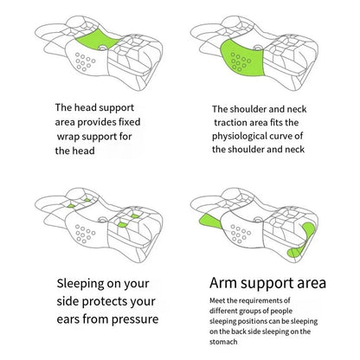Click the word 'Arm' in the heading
(x=228, y=283)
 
